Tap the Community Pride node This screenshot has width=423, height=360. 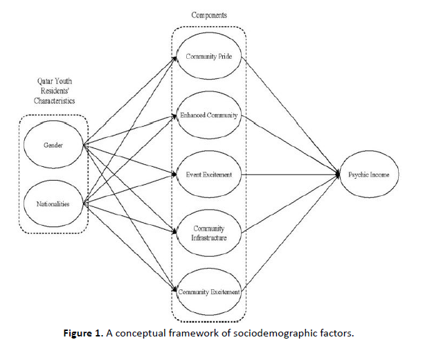tap(209, 57)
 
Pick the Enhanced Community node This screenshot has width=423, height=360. tap(209, 116)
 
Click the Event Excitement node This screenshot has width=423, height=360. tap(209, 174)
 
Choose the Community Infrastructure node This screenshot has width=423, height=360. tap(209, 233)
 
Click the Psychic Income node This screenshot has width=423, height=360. tap(370, 174)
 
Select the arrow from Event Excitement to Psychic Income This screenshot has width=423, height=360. tap(291, 174)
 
